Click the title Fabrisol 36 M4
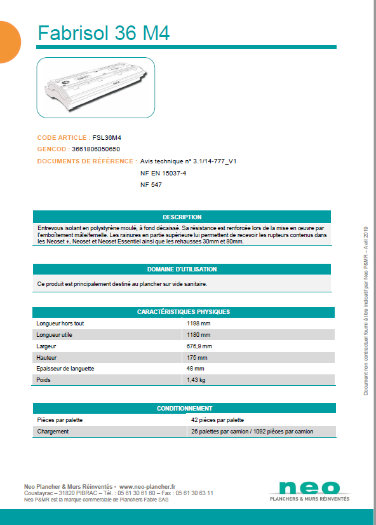point(104,32)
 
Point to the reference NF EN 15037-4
point(163,173)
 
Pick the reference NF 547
point(151,184)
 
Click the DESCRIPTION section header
point(182,217)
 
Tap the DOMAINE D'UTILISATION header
point(182,269)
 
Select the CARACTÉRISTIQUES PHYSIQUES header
point(183,311)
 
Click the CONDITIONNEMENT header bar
point(184,408)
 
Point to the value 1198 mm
point(198,324)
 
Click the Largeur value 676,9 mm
point(199,346)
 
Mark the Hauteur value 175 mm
point(197,358)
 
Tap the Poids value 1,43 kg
point(196,380)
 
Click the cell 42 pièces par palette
point(217,420)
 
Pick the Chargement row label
point(53,432)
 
